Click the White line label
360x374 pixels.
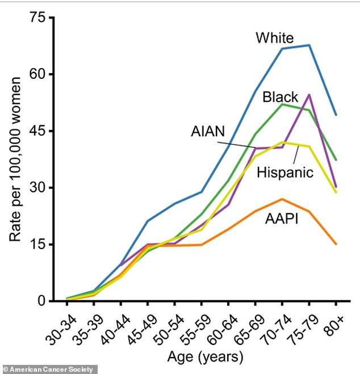[x=274, y=39]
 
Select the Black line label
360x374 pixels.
[x=281, y=98]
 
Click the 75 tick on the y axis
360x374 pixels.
[x=36, y=18]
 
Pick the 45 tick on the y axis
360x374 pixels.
[x=36, y=131]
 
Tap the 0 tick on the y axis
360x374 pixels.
[x=41, y=301]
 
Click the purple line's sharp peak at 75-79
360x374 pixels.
[x=309, y=94]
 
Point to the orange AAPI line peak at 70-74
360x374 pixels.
[x=282, y=199]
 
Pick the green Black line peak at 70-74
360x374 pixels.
[x=282, y=104]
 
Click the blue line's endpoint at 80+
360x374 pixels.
[x=336, y=115]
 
